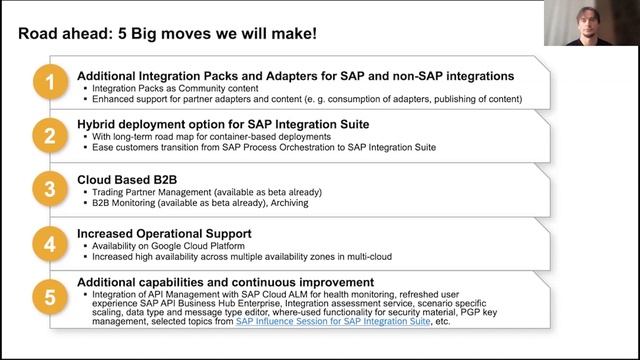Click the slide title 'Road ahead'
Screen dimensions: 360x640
160,33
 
